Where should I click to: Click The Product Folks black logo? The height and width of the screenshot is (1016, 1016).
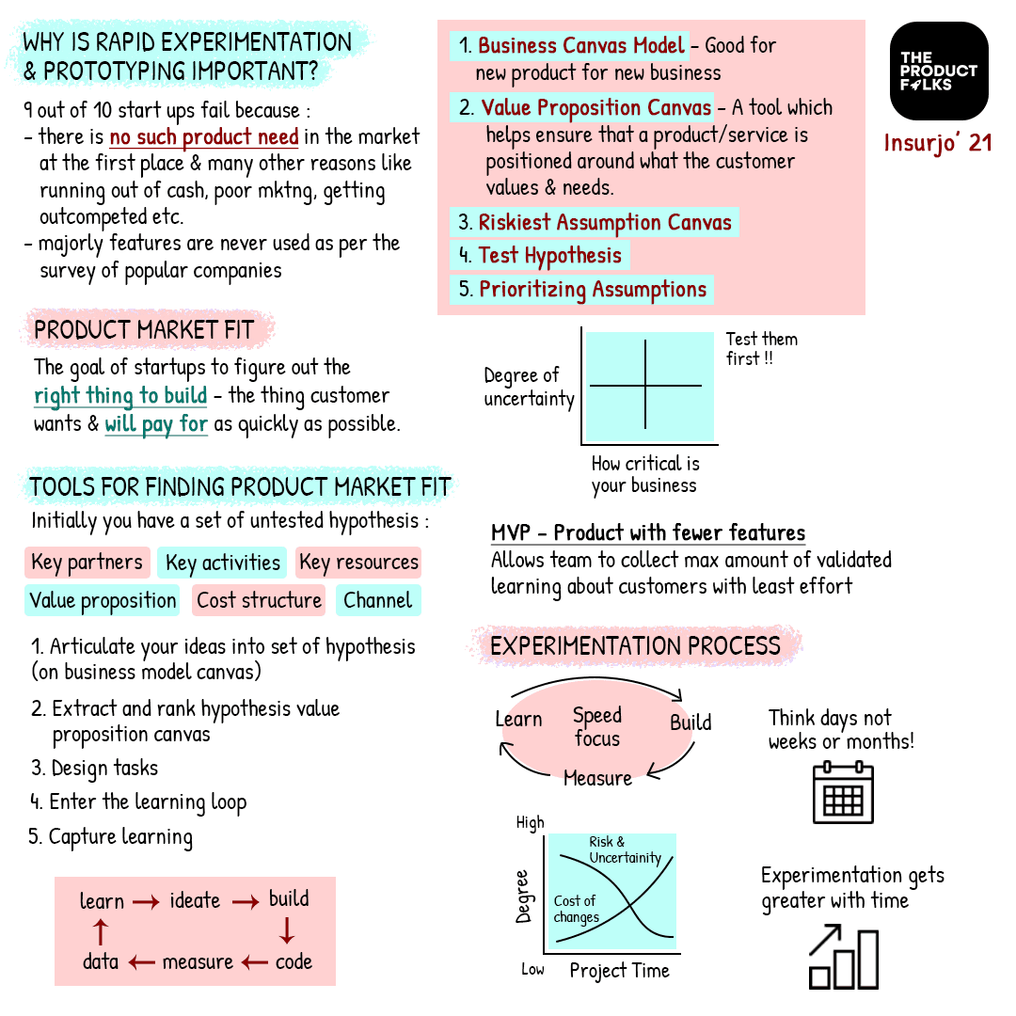[938, 71]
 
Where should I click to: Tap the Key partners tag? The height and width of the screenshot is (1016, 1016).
[87, 563]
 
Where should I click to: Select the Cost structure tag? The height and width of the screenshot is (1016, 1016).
[259, 600]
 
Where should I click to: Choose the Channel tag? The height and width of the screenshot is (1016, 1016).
[377, 600]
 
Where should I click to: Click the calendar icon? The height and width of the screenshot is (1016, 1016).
[843, 793]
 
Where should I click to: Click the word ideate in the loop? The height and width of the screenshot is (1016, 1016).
[195, 900]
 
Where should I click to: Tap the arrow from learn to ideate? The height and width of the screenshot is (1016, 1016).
[146, 902]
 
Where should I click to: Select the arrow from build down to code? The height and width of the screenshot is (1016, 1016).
[288, 930]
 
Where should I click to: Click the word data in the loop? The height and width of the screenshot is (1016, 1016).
[100, 961]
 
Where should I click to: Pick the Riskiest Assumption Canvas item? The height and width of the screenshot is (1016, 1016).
[594, 223]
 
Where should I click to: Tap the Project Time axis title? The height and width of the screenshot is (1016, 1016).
[619, 971]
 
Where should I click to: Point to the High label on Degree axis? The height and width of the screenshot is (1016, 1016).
[530, 823]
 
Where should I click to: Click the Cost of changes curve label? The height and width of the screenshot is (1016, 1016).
[576, 909]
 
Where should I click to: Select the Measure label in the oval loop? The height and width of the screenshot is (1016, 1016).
[597, 779]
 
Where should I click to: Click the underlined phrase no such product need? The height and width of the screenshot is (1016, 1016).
[203, 137]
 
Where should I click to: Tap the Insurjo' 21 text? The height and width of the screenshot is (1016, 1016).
[938, 144]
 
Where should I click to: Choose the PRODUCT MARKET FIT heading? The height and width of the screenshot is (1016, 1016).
[144, 330]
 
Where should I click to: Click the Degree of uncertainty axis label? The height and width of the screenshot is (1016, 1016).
[529, 387]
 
